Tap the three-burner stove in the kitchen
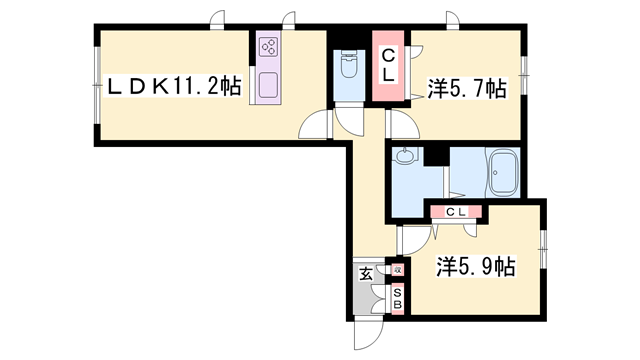pos(269,47)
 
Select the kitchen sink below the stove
pos(269,84)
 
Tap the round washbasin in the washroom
pos(404,158)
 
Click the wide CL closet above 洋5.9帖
pos(456,211)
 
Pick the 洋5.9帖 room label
pos(476,268)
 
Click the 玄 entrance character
pos(366,272)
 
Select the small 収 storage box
pos(397,270)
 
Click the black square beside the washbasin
pos(434,156)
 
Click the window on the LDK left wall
pos(95,88)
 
